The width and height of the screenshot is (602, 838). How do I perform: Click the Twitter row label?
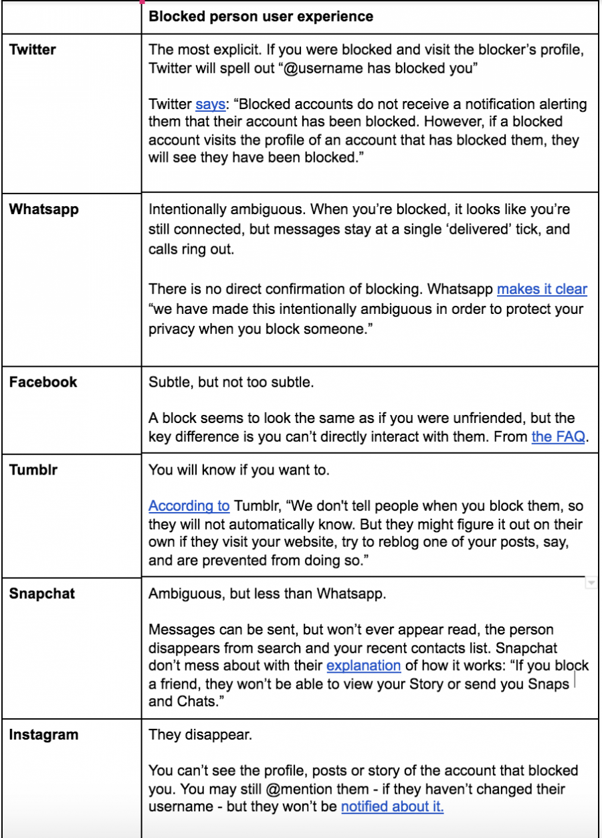33,50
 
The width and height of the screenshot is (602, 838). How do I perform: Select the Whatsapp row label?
44,209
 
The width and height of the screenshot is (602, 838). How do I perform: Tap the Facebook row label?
43,382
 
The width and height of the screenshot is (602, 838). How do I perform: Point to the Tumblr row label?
33,470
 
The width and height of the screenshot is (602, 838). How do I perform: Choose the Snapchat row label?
41,594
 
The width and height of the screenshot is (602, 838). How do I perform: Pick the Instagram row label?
43,735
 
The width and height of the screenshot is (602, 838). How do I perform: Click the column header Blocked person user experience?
261,16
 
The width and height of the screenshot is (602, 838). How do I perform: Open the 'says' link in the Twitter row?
210,104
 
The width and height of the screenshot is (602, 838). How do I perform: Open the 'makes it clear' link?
542,289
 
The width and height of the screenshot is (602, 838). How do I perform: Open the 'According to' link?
189,506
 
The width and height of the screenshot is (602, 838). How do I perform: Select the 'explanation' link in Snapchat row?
363,666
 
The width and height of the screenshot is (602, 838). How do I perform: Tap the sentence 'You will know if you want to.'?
239,470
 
